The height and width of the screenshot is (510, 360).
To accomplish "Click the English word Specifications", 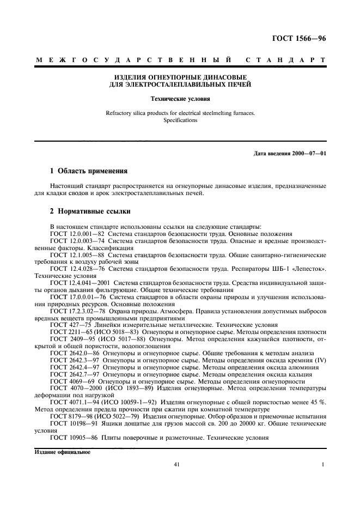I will tap(180, 120).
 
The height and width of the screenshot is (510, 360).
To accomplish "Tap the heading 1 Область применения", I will tap(93, 171).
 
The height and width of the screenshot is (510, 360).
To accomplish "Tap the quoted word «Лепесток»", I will tap(311, 269).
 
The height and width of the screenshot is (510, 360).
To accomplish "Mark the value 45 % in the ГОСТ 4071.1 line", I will tap(318, 403).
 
